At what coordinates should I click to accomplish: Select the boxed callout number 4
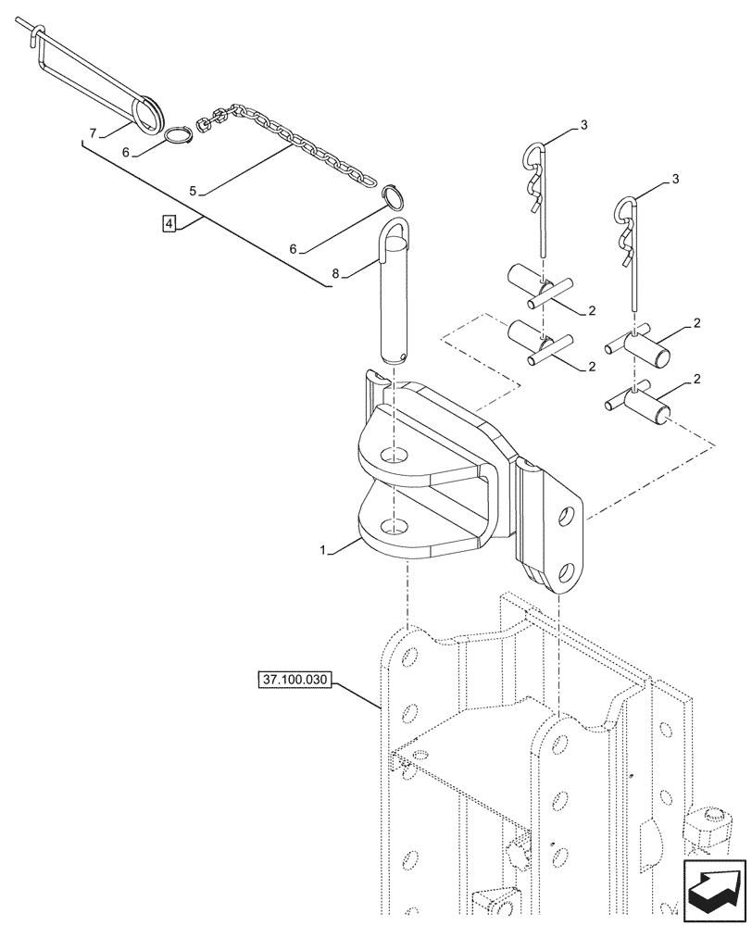click(x=168, y=223)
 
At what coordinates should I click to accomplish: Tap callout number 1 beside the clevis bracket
click(x=322, y=551)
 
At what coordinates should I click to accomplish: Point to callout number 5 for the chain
click(x=193, y=191)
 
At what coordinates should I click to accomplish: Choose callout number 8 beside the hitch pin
click(x=335, y=273)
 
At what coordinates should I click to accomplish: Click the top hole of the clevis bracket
click(x=395, y=456)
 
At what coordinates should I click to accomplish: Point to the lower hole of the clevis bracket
click(x=395, y=528)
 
